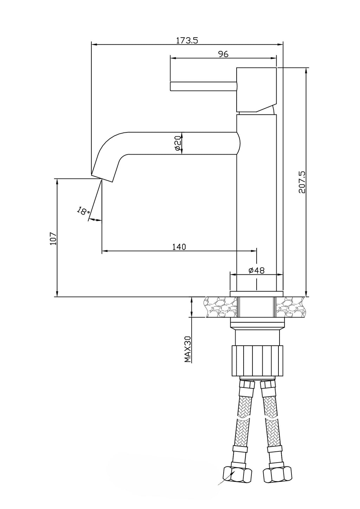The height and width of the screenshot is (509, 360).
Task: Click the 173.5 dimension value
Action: pyautogui.click(x=187, y=40)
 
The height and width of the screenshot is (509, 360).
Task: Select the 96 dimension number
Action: pyautogui.click(x=223, y=54)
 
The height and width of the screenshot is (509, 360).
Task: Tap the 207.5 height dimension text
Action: pyautogui.click(x=302, y=182)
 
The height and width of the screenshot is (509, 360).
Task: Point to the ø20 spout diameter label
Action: pyautogui.click(x=178, y=143)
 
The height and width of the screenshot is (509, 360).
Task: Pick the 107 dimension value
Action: pyautogui.click(x=53, y=239)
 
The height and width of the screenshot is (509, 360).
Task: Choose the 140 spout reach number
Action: pyautogui.click(x=179, y=247)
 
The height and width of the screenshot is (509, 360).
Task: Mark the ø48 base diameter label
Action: pyautogui.click(x=257, y=270)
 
